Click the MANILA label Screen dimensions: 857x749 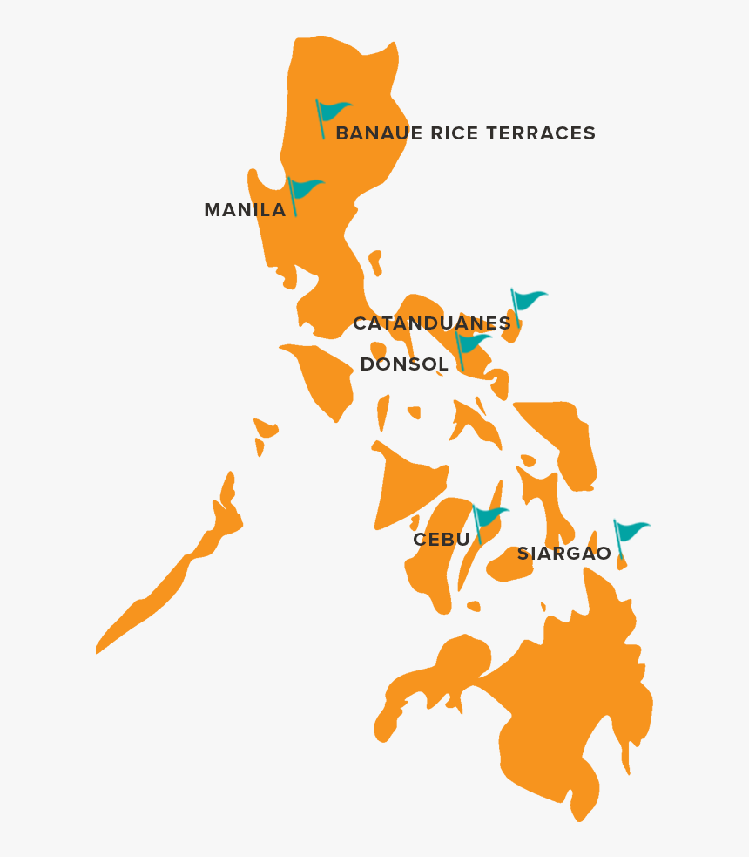(x=245, y=210)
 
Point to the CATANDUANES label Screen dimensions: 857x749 (x=432, y=323)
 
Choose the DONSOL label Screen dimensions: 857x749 (x=404, y=364)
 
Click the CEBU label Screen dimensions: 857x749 (x=442, y=540)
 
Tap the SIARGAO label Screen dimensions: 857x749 (x=563, y=554)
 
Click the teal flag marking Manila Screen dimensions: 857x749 (x=304, y=189)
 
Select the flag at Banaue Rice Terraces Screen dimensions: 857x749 (x=332, y=112)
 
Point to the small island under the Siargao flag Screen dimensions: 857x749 (x=622, y=563)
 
